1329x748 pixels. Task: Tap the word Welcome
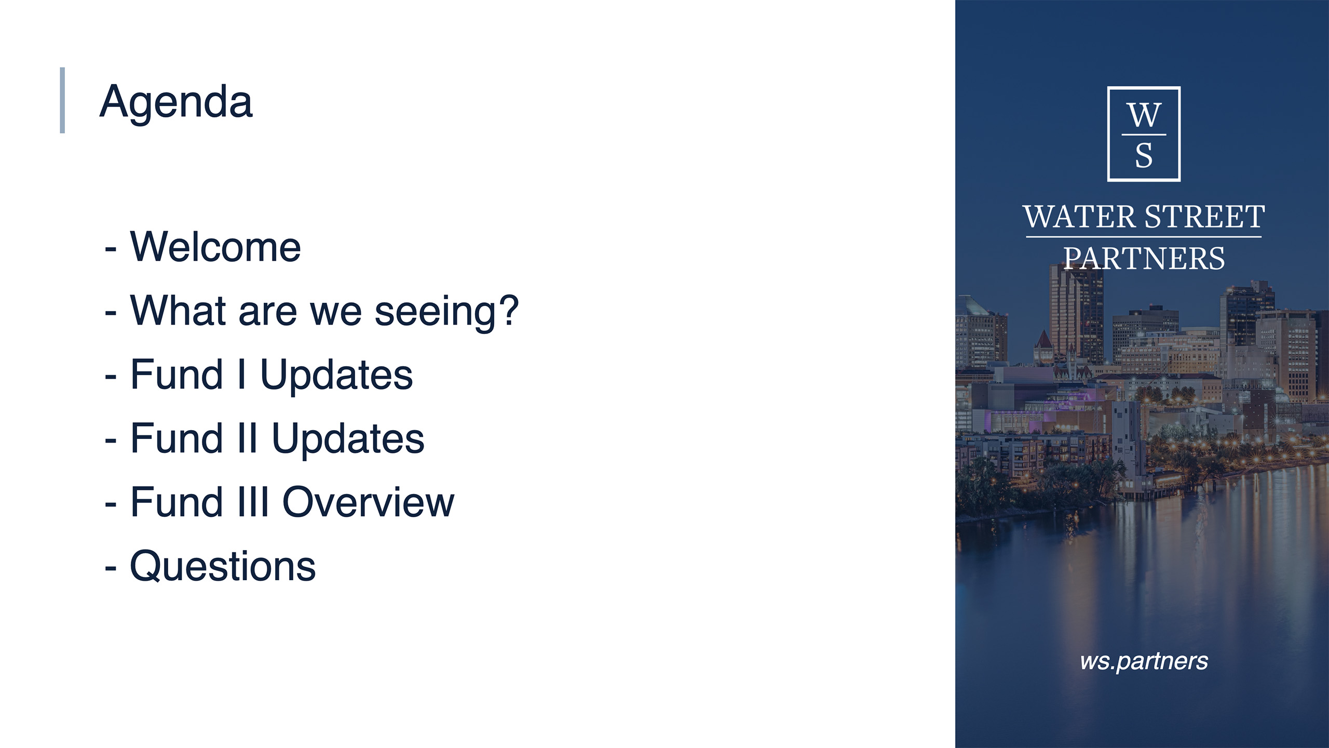(x=215, y=247)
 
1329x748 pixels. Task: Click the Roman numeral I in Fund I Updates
(x=241, y=374)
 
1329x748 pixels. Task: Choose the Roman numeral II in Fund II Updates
(x=248, y=438)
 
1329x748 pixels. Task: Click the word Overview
(x=369, y=502)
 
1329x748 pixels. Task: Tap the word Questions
(x=223, y=566)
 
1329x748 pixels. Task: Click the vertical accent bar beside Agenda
(x=62, y=100)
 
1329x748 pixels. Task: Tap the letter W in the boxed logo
(x=1144, y=115)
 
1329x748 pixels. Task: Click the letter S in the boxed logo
(x=1144, y=155)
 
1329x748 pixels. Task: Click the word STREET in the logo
(x=1205, y=217)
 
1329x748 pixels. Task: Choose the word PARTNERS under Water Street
(x=1144, y=258)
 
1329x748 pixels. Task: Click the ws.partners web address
(x=1144, y=661)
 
